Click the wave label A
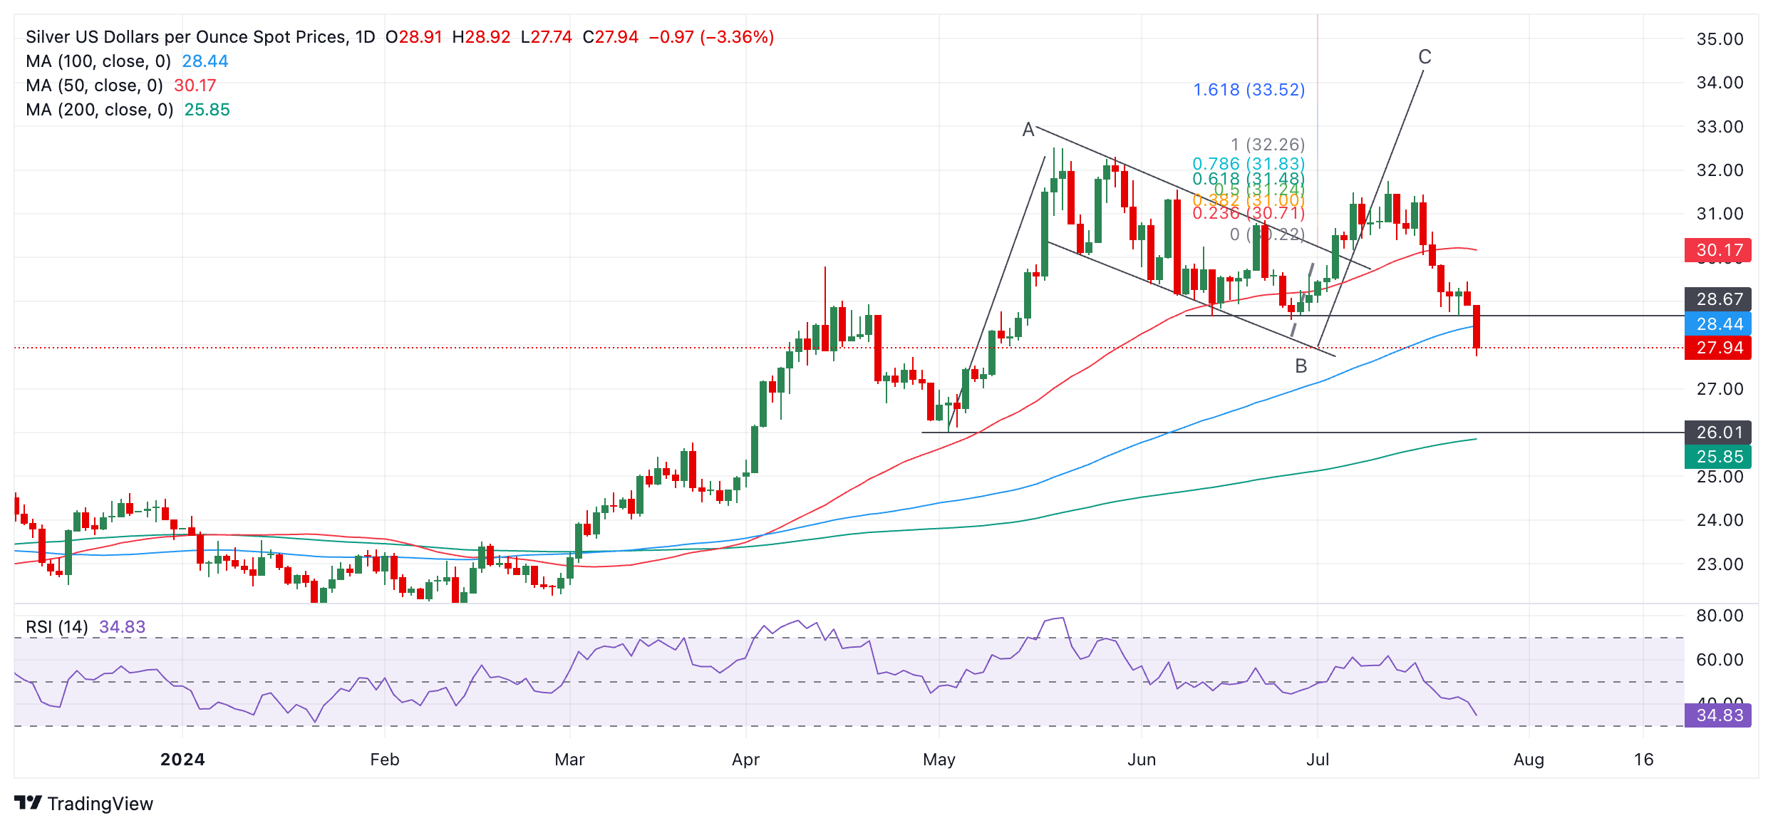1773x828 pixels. pyautogui.click(x=1028, y=130)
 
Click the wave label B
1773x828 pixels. pyautogui.click(x=1301, y=366)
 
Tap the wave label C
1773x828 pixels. pyautogui.click(x=1425, y=57)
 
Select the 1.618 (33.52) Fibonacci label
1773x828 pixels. pyautogui.click(x=1249, y=90)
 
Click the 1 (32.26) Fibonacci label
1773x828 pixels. pyautogui.click(x=1268, y=145)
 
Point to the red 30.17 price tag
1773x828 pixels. pyautogui.click(x=1717, y=250)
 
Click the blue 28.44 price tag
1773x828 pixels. pyautogui.click(x=1717, y=324)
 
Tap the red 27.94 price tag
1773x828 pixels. pyautogui.click(x=1717, y=348)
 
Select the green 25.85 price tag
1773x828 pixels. pyautogui.click(x=1717, y=457)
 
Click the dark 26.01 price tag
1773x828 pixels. pyautogui.click(x=1717, y=433)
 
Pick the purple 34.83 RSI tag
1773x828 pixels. pyautogui.click(x=1717, y=715)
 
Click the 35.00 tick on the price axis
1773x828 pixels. pyautogui.click(x=1720, y=39)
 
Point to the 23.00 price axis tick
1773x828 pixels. pyautogui.click(x=1720, y=564)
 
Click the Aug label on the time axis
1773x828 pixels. pyautogui.click(x=1529, y=760)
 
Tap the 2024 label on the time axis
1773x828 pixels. pyautogui.click(x=182, y=760)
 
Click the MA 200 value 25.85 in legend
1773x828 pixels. pyautogui.click(x=207, y=110)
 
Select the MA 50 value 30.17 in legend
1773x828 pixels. pyautogui.click(x=195, y=86)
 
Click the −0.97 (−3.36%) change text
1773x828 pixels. pyautogui.click(x=711, y=37)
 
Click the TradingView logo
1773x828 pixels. pyautogui.click(x=83, y=804)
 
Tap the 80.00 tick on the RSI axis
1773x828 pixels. pyautogui.click(x=1720, y=616)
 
